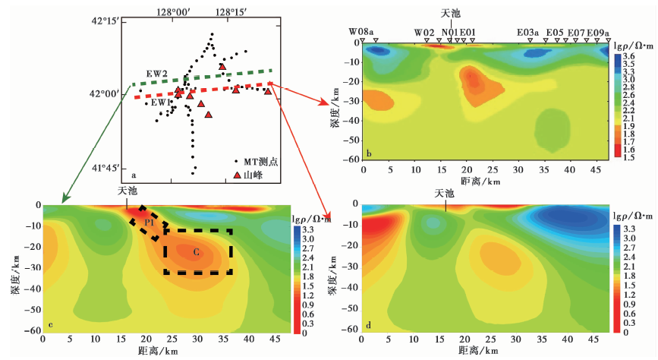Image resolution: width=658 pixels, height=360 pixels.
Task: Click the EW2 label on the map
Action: tap(158, 74)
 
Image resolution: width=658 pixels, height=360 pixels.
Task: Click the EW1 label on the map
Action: tap(158, 103)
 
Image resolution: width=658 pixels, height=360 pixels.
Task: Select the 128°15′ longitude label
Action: tap(231, 11)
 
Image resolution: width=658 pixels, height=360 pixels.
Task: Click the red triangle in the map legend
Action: tap(238, 175)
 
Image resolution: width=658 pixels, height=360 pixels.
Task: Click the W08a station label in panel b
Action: tap(361, 32)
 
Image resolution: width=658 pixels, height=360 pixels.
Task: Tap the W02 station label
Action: tap(423, 32)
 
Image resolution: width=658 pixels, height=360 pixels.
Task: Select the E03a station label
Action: tap(527, 32)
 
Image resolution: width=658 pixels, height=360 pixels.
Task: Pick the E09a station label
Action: tap(598, 32)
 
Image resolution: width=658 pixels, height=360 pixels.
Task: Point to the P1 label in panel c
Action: tap(150, 223)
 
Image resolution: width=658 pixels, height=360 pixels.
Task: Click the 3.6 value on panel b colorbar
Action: tap(630, 57)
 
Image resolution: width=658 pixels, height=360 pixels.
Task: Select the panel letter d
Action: tap(368, 327)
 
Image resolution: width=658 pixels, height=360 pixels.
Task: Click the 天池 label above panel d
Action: tap(444, 194)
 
